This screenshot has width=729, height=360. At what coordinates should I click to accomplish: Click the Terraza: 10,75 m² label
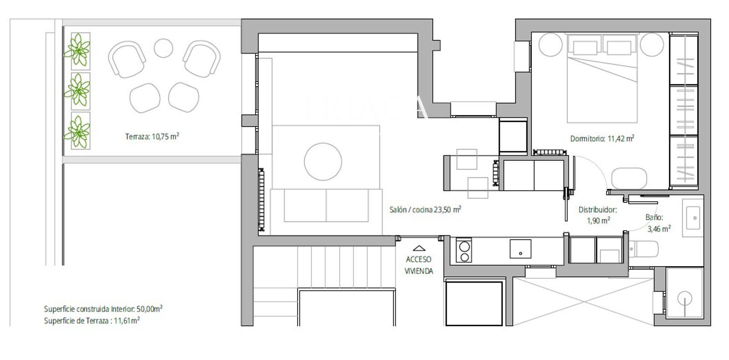(152, 136)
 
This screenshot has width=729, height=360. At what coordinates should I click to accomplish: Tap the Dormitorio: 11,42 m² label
(602, 139)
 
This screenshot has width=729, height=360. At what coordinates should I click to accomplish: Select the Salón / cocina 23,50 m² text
(425, 210)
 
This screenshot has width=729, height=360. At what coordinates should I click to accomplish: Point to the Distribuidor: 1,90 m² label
(598, 215)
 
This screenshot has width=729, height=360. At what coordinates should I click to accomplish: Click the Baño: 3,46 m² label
(658, 223)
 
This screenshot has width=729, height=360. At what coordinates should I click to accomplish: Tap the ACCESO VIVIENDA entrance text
(419, 265)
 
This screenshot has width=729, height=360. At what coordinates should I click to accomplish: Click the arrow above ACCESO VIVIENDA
(419, 248)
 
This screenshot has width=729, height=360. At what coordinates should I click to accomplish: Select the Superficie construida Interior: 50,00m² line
(103, 309)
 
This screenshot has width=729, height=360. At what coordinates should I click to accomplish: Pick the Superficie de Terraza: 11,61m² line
(92, 321)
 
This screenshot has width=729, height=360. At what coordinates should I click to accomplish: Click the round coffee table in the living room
(323, 161)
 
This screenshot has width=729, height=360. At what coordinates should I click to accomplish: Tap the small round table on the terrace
(163, 48)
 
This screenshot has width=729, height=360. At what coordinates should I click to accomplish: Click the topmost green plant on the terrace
(77, 51)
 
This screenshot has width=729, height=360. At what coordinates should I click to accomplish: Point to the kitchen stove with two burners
(464, 250)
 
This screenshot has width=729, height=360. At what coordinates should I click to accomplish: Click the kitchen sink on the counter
(520, 249)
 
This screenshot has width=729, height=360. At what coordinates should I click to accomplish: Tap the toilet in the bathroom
(643, 249)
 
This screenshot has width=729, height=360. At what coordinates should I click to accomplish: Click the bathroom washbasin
(693, 218)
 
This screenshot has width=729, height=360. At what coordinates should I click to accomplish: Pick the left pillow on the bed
(585, 47)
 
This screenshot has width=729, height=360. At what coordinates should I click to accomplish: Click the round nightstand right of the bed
(652, 45)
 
